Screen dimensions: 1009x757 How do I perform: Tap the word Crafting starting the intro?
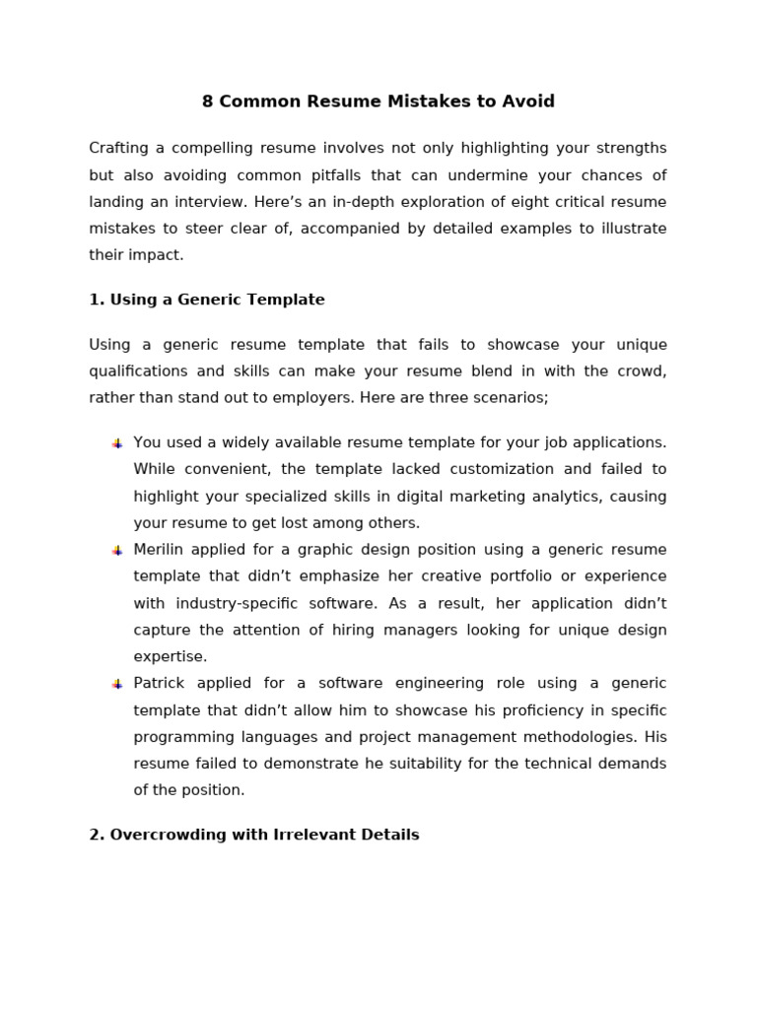click(118, 149)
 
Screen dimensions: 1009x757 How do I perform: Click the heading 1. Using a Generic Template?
click(207, 300)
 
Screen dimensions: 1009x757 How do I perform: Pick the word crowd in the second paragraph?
click(638, 371)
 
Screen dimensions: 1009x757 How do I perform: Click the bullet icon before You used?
click(117, 443)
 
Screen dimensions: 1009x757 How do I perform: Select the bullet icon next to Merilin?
click(117, 551)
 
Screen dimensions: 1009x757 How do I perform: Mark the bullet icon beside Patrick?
click(117, 684)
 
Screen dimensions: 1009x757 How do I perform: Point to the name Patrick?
click(160, 684)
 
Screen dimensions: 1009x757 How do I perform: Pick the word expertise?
click(171, 656)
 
